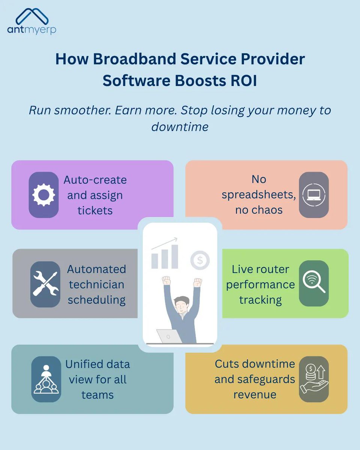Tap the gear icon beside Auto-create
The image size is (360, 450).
click(43, 195)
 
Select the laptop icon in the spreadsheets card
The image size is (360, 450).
click(314, 195)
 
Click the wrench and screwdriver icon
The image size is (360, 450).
click(45, 284)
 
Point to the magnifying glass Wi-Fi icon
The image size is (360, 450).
click(314, 283)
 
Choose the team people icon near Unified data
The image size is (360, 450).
click(46, 379)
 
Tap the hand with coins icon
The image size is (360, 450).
click(314, 379)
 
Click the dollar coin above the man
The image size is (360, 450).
click(199, 260)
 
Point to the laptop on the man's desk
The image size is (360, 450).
click(168, 336)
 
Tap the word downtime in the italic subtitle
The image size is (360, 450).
click(180, 127)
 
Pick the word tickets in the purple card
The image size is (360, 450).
click(95, 210)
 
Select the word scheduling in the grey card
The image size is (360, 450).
click(96, 300)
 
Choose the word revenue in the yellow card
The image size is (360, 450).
click(255, 394)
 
